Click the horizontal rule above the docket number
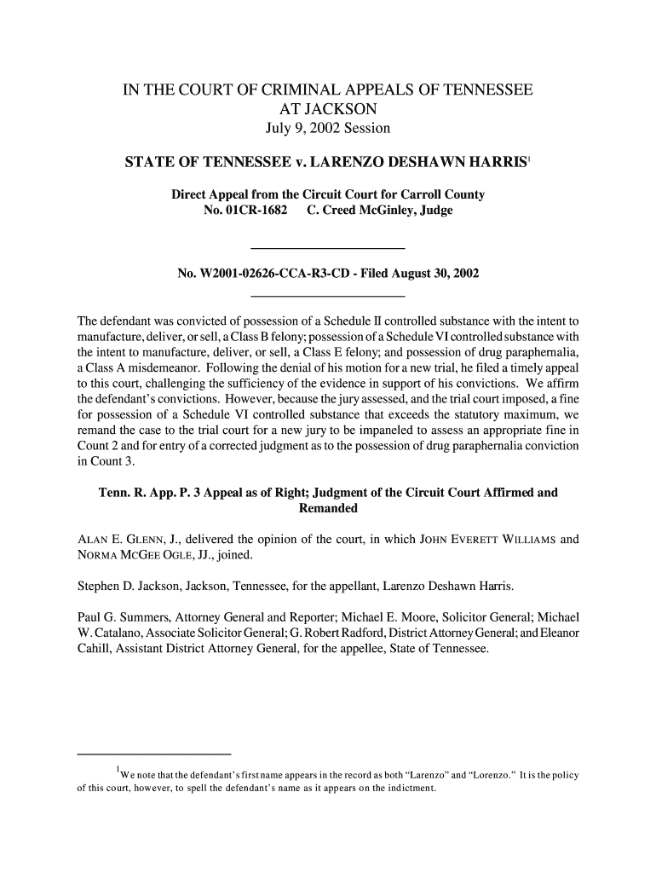328,247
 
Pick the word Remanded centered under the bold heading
328,509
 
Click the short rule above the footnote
154,754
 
